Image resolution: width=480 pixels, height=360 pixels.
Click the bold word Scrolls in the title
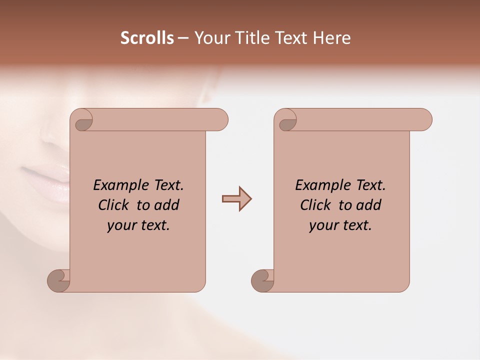pos(147,38)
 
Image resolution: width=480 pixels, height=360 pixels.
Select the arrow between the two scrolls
pos(236,199)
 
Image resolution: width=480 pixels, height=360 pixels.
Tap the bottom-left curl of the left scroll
pos(58,280)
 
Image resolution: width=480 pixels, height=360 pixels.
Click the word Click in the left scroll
pos(114,205)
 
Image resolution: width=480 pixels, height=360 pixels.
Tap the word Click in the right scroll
pos(315,205)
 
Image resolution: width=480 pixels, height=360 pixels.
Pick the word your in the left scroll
pos(120,225)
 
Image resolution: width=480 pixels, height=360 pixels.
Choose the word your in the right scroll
pos(321,225)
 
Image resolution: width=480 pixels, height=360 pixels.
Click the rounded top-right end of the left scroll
pos(220,120)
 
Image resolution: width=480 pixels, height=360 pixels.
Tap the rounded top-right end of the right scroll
pos(424,120)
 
